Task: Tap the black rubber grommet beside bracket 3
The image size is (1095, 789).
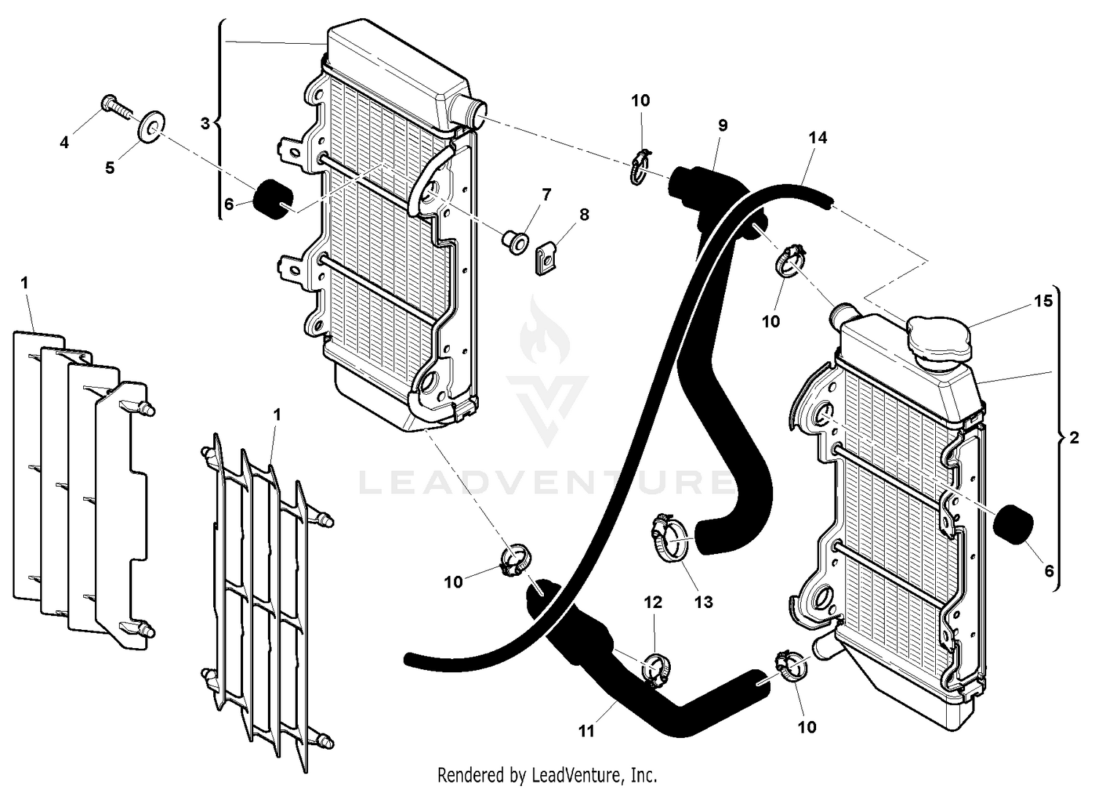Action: coord(272,198)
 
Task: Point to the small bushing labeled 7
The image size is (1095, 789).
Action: coord(516,240)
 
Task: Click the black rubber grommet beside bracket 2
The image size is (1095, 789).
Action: coord(1015,523)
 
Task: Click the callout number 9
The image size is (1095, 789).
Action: coord(723,126)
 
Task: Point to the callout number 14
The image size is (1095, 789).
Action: coord(818,137)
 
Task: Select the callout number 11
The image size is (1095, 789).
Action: coord(586,731)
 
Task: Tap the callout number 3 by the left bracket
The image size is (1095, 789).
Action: coord(205,124)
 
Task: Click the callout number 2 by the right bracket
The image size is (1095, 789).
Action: coord(1073,438)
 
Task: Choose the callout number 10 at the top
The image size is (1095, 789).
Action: coord(640,101)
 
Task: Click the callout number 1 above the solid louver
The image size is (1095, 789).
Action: coord(25,282)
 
